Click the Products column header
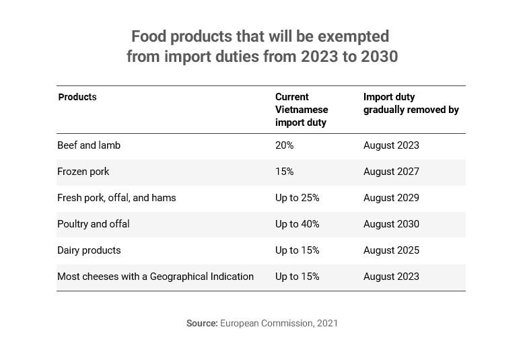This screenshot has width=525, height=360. coord(77,98)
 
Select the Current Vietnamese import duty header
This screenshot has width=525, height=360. coord(302,110)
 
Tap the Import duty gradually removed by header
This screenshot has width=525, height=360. coord(411,104)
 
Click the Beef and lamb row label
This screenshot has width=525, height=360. coord(89,145)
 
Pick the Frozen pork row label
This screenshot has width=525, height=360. coord(83,172)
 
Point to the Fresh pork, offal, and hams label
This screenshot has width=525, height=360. coord(116,198)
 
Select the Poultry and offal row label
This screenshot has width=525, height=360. coord(94,224)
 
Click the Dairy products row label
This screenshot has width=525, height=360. coord(89,250)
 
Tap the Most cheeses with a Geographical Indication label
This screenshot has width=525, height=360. coord(155,277)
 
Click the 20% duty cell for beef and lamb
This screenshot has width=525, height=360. coord(284,145)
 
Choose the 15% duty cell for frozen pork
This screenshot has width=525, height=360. coord(284,172)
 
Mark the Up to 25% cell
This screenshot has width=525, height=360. coord(297,198)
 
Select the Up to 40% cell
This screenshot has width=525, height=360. coord(297,224)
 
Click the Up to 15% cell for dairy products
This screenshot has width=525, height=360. coord(297,250)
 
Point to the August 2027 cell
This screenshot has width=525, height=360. coord(391,172)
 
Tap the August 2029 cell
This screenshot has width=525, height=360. coord(391,198)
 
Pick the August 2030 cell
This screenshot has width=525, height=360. coord(391,224)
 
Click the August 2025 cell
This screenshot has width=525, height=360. coord(391,250)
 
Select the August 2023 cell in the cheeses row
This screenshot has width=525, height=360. coord(391,277)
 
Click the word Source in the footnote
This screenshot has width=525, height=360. coord(202,324)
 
